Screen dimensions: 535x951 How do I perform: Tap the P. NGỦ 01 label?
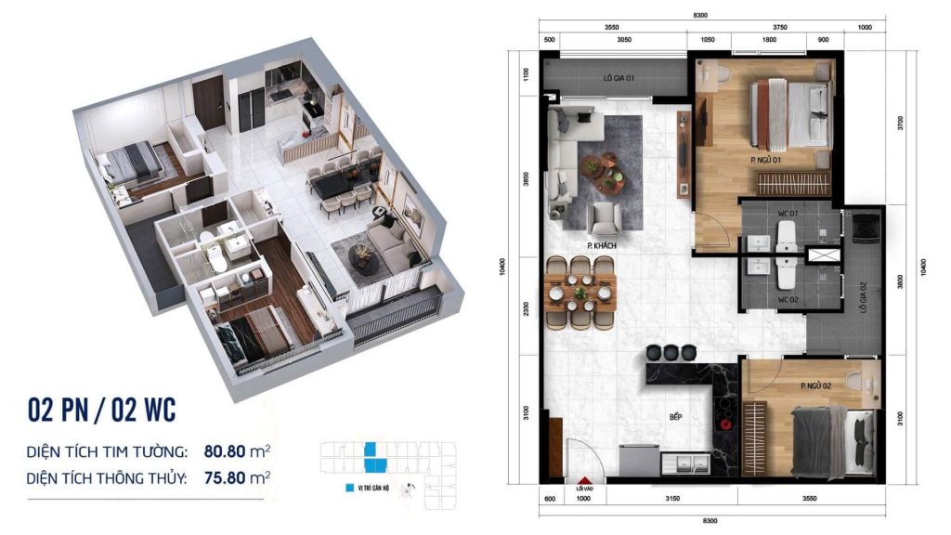pos(765,160)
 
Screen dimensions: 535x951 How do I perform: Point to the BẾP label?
pos(676,417)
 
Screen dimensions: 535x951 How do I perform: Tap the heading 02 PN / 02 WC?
pos(102,409)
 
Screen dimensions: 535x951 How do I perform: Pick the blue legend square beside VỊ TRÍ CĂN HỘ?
pos(348,486)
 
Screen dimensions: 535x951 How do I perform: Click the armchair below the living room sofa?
pos(605,218)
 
